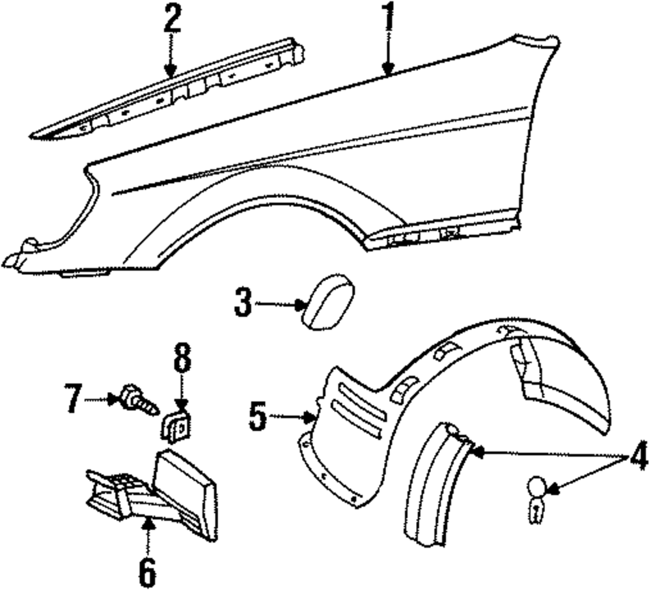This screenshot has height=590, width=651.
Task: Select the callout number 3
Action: (x=242, y=304)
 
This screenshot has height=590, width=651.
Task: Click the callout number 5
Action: (x=258, y=415)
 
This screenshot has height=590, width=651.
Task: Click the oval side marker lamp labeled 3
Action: (x=330, y=301)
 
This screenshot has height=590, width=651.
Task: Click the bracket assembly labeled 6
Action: (x=156, y=492)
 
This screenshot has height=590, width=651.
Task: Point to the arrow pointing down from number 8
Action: (x=182, y=391)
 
